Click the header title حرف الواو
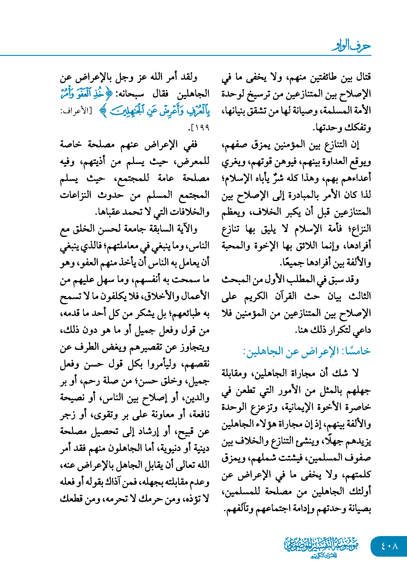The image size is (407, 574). [x=351, y=46]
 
